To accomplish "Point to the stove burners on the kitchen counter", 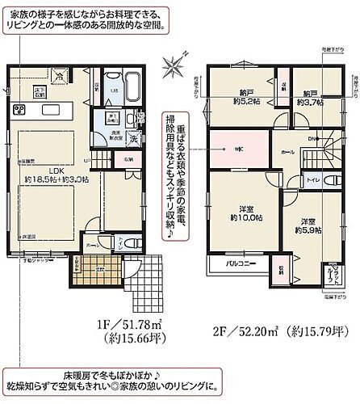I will point(18,109).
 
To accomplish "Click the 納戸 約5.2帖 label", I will point(244,98).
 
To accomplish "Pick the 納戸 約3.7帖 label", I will point(308,98).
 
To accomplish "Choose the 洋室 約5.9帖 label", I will point(308,226).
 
